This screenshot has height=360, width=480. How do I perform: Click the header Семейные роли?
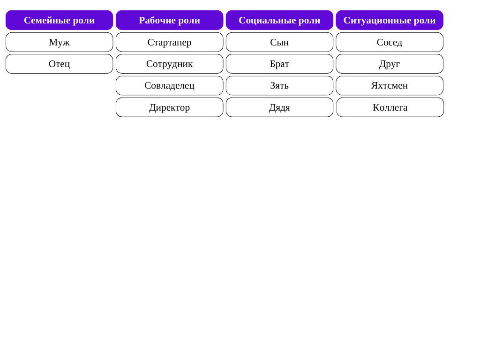pos(60,20)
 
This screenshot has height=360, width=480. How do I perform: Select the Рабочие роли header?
pos(169,20)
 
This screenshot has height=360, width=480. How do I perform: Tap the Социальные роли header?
pos(279,20)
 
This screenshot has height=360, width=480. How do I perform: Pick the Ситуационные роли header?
pos(390,20)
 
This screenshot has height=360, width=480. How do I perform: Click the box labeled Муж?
pos(60,42)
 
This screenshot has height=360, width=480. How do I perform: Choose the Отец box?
pos(60,64)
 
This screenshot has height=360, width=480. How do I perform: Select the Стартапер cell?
pos(169,42)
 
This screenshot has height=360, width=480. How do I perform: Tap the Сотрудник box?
pos(169,64)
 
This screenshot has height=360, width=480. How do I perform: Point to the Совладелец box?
pos(169,86)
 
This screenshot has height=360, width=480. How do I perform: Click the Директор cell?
pos(169,107)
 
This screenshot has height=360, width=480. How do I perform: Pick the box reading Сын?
pos(279,42)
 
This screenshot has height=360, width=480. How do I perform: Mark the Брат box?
pos(279,64)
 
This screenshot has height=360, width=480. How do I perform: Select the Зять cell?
pos(279,86)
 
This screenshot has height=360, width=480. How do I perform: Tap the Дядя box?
pos(279,107)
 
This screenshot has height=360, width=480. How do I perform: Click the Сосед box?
pos(390,42)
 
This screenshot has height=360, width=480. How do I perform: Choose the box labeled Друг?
pos(390,64)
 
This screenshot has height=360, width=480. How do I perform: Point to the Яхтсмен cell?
pos(390,86)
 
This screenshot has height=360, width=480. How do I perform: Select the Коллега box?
pos(390,107)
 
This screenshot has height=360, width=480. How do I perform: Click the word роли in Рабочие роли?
pos(189,21)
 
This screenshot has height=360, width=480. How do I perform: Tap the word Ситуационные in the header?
pos(377,21)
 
